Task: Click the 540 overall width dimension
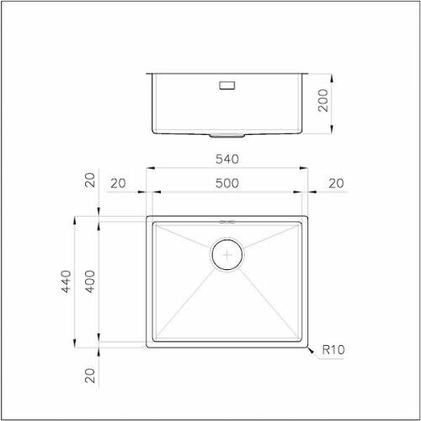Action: click(227, 159)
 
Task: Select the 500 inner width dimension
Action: click(227, 183)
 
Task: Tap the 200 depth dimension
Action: click(323, 100)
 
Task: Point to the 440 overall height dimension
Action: click(67, 281)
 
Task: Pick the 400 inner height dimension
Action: click(90, 281)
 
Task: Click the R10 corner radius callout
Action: click(333, 349)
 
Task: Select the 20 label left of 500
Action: click(118, 183)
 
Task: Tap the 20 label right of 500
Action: click(336, 183)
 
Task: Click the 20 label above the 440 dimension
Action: click(90, 180)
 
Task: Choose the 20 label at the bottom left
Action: click(90, 375)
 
